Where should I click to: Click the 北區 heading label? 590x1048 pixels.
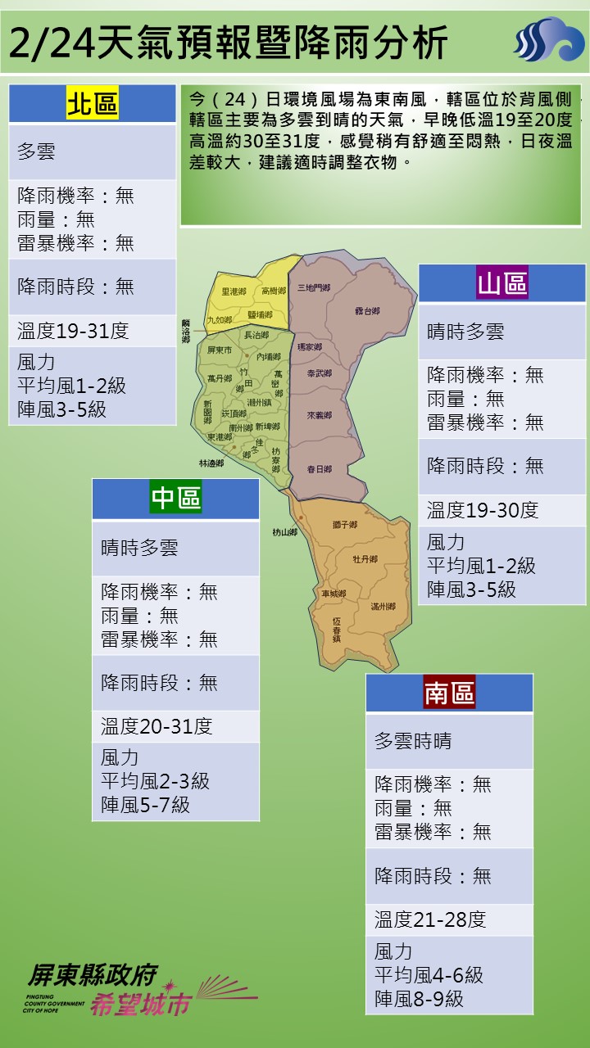92,105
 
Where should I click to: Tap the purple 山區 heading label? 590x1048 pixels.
502,284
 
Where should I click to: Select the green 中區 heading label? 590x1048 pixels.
175,498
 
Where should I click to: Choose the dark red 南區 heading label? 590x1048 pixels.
449,693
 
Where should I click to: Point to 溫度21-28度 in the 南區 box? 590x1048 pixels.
430,919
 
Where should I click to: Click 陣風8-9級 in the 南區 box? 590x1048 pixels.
419,999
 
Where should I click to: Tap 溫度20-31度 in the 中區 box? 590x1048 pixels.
157,726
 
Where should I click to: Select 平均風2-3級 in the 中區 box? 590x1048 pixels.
155,781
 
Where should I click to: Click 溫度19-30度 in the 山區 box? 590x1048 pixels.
482,510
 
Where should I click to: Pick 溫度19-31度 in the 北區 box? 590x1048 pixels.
73,331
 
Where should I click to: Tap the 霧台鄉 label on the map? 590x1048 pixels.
368,311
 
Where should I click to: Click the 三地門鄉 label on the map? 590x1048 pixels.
314,288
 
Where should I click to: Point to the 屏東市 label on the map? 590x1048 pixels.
220,350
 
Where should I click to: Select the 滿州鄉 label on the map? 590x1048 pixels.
383,607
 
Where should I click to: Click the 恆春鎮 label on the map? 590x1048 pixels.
337,629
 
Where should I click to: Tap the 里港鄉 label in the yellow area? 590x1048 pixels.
234,291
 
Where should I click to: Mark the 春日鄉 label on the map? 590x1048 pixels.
319,469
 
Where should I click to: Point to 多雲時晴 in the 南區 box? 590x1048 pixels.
413,742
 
